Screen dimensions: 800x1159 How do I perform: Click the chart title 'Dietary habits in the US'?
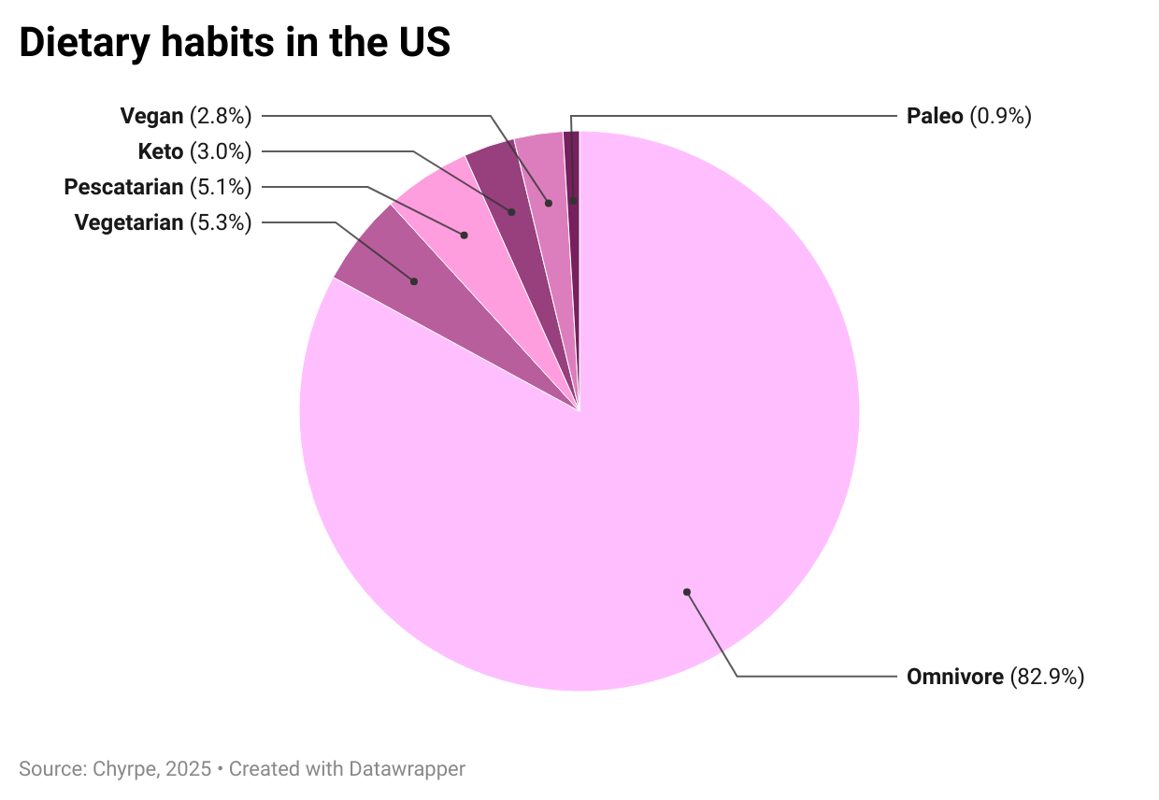coord(235,43)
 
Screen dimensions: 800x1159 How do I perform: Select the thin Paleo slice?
coord(573,187)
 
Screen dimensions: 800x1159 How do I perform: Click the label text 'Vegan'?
coord(151,116)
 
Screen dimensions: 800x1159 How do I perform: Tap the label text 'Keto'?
coord(160,151)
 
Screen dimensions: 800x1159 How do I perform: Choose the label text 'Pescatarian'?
coord(123,187)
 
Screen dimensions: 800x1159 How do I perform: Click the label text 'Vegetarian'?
coord(129,222)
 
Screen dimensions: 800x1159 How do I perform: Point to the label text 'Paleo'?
coord(935,116)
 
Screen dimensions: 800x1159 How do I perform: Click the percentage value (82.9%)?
coord(1047,677)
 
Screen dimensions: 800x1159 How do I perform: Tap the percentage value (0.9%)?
coord(1000,116)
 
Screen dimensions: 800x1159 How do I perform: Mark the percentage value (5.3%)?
coord(221,222)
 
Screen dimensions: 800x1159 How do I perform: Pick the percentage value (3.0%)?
coord(221,151)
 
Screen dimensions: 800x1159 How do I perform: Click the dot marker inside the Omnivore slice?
coord(686,592)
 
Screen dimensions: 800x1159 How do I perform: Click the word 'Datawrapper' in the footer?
coord(407,769)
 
